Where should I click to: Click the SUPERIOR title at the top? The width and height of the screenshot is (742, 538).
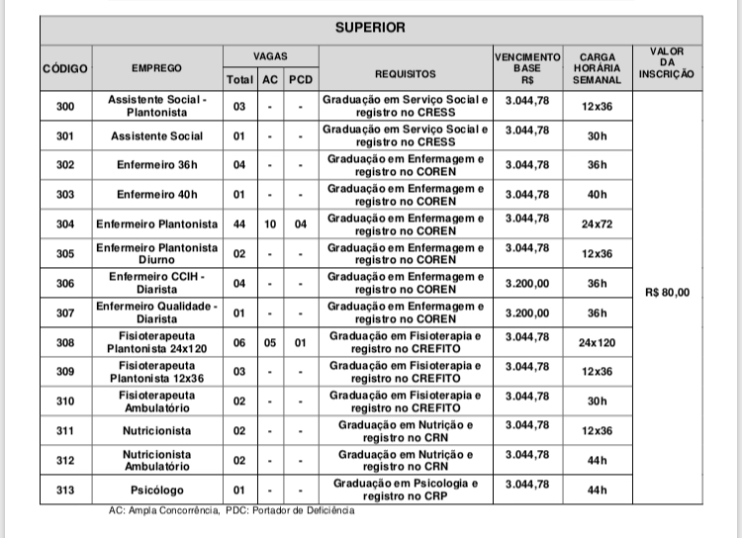point(369,27)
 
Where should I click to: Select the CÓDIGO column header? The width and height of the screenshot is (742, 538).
point(65,68)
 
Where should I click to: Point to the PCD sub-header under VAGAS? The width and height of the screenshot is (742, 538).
point(300,79)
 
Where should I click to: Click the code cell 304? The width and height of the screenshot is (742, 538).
point(65,224)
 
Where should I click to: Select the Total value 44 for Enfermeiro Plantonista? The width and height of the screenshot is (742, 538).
point(239,224)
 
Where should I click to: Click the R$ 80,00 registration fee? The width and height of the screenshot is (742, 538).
point(667,292)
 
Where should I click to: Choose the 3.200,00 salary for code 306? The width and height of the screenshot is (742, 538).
point(526,283)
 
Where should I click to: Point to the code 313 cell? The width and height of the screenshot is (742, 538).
point(65,490)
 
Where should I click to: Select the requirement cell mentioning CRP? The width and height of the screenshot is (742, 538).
point(406,490)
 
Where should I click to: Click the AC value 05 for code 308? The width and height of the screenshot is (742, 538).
point(269,343)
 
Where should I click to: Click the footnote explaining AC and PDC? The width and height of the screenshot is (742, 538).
point(231,511)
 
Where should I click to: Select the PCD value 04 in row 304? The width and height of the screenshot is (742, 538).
point(300,224)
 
